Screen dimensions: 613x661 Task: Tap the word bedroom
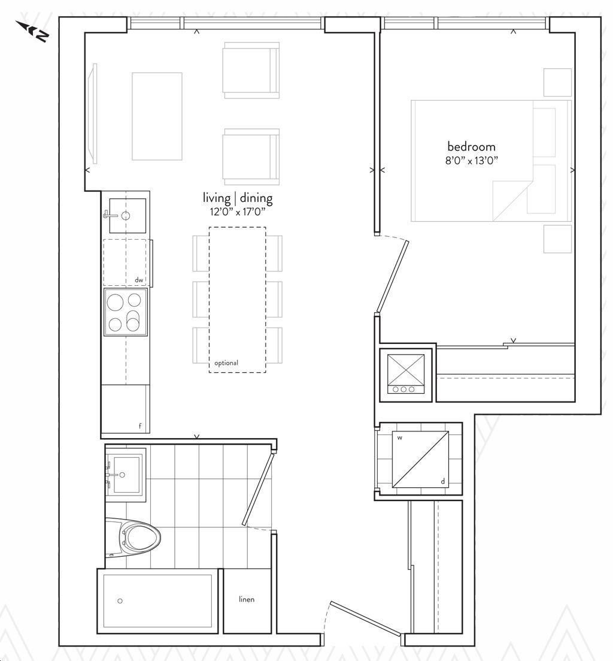tap(471, 147)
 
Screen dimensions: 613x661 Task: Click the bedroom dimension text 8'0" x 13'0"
tap(472, 160)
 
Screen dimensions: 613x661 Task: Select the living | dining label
tap(238, 198)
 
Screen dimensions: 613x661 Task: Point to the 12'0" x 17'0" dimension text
tap(238, 212)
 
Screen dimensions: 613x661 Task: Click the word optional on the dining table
tap(226, 363)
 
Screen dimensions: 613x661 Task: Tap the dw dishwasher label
tap(139, 280)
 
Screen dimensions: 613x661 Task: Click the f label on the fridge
tap(140, 425)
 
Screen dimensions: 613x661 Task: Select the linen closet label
tap(246, 599)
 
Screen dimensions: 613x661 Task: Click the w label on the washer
tap(399, 438)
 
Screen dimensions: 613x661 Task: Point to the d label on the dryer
tap(442, 481)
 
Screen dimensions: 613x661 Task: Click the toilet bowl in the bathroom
tap(141, 538)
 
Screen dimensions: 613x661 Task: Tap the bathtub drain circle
tap(120, 600)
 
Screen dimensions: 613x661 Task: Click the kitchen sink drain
tap(126, 216)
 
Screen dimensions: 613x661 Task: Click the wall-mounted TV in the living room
tap(95, 113)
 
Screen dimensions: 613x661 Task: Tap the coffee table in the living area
tap(157, 116)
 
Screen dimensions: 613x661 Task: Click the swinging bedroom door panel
tap(392, 276)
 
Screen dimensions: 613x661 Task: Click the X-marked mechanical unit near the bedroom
tap(406, 373)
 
